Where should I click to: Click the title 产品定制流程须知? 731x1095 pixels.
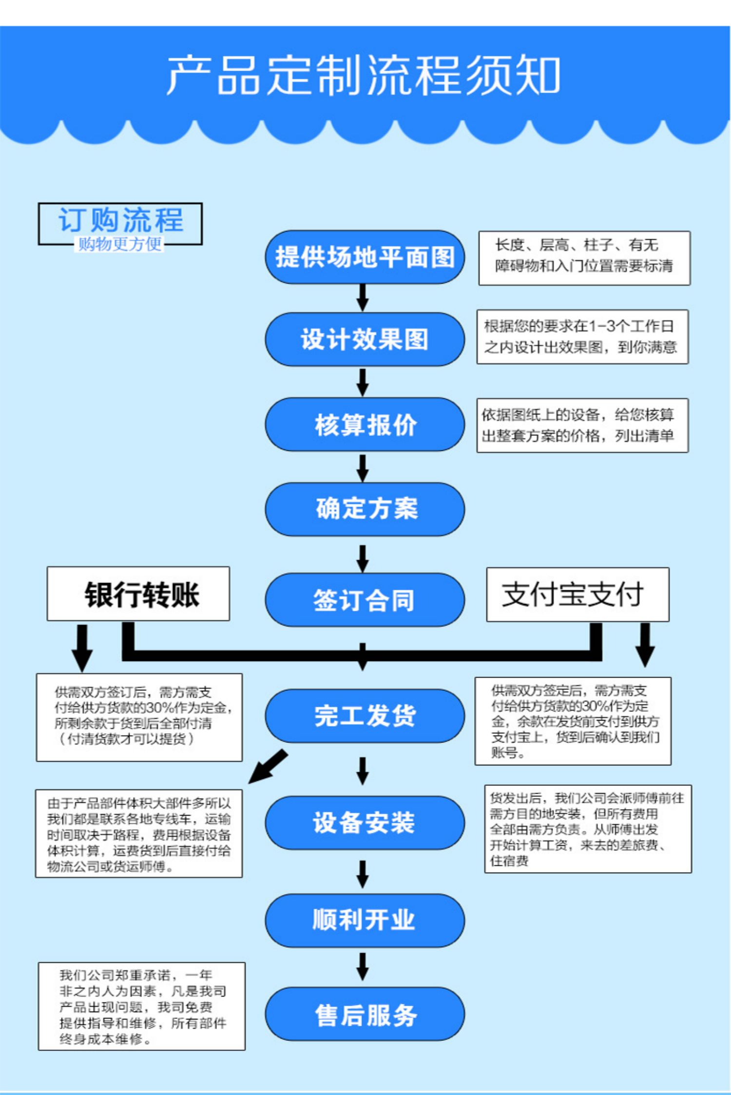pyautogui.click(x=364, y=76)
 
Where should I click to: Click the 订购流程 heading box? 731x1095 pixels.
pyautogui.click(x=120, y=224)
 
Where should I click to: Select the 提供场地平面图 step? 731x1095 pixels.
pyautogui.click(x=365, y=257)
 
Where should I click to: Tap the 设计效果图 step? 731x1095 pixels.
pyautogui.click(x=365, y=339)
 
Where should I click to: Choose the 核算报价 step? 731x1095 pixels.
pyautogui.click(x=365, y=424)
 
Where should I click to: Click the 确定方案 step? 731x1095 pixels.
pyautogui.click(x=365, y=509)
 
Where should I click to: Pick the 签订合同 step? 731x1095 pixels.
pyautogui.click(x=365, y=600)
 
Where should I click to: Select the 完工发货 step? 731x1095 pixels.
pyautogui.click(x=365, y=716)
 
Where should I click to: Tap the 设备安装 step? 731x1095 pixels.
pyautogui.click(x=365, y=823)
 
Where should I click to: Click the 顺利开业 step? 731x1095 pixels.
pyautogui.click(x=365, y=920)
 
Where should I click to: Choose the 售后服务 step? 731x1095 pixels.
pyautogui.click(x=365, y=1014)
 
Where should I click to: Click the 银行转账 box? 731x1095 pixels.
pyautogui.click(x=138, y=594)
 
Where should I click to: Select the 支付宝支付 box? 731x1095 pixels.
pyautogui.click(x=578, y=594)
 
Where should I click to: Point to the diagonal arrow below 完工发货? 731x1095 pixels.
pyautogui.click(x=269, y=766)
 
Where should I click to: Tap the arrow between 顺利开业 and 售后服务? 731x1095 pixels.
pyautogui.click(x=363, y=966)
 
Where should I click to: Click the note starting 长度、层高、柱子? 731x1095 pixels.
pyautogui.click(x=584, y=258)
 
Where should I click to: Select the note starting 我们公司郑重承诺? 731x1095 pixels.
pyautogui.click(x=142, y=1006)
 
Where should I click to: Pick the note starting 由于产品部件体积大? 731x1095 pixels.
pyautogui.click(x=139, y=834)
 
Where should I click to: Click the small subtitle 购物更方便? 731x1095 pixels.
pyautogui.click(x=120, y=243)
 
